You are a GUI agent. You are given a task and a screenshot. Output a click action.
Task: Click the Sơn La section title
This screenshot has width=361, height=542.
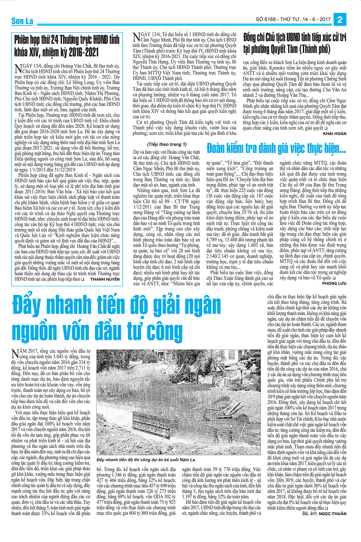coord(22,21)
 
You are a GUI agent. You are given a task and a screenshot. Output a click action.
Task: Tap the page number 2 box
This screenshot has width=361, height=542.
coord(340,20)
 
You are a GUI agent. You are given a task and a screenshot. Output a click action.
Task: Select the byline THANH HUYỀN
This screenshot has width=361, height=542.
coord(105,279)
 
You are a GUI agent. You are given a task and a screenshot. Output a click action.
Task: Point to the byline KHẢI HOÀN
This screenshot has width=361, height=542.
coord(334,133)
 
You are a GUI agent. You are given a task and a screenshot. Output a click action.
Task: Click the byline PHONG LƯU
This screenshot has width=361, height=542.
coord(334,283)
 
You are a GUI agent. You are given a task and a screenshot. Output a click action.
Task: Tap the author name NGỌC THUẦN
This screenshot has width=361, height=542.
coord(332,514)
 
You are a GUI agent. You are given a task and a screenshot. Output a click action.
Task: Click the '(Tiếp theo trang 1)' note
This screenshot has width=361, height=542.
coord(167,144)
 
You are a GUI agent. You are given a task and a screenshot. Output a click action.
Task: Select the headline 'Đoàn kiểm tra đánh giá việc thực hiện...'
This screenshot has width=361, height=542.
coord(276,148)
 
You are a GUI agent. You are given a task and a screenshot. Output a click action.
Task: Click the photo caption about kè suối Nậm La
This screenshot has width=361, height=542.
coord(147,459)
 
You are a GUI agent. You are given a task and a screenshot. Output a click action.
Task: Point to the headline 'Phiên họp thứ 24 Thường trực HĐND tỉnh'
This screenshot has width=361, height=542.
coord(67,40)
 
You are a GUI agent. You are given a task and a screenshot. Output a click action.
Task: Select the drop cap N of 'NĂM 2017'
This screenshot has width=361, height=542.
coord(15,353)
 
